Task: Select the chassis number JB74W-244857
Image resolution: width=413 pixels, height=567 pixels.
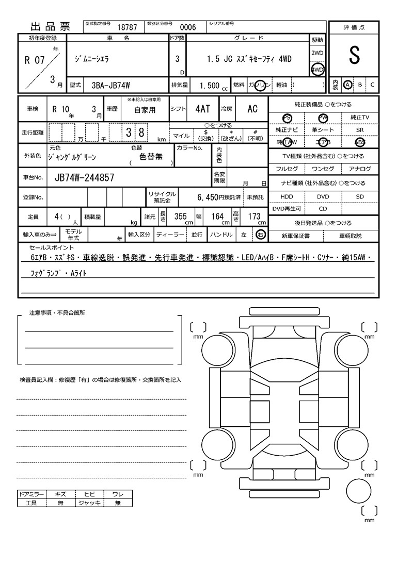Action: (x=84, y=178)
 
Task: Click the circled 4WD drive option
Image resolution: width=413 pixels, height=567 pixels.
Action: (x=317, y=70)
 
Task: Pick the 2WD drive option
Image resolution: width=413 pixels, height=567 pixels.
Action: (x=317, y=53)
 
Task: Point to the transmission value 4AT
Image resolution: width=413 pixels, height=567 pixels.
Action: (x=202, y=109)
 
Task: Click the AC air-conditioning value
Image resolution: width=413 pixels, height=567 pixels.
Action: (x=252, y=109)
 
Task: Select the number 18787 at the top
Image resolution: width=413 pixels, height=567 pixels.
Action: (x=128, y=27)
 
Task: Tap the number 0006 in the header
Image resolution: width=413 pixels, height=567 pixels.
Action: (x=187, y=27)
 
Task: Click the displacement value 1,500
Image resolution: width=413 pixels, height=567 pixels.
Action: (x=209, y=86)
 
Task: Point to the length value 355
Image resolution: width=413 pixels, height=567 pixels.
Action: (x=180, y=216)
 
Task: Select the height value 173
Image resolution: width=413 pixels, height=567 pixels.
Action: (x=254, y=216)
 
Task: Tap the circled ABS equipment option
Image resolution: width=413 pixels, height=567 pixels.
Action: (x=360, y=142)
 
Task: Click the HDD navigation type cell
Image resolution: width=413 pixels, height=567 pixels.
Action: (x=287, y=197)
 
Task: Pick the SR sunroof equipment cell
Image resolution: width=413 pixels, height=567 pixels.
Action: (x=360, y=130)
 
